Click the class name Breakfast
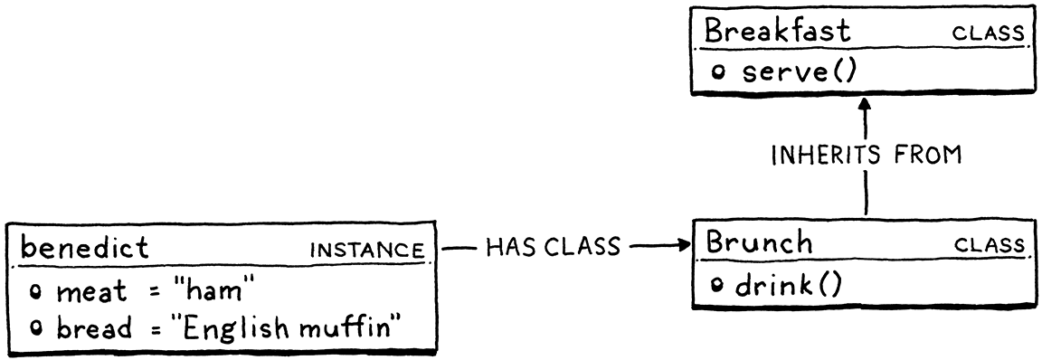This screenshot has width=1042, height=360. point(777,32)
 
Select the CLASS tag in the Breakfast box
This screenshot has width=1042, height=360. point(988,34)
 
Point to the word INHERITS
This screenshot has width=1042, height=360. point(822,156)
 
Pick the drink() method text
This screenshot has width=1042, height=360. point(786,286)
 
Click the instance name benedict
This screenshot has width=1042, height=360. point(84,247)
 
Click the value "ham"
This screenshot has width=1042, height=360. point(216,291)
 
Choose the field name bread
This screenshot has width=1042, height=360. point(93,327)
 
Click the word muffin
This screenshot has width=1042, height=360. point(347,327)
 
